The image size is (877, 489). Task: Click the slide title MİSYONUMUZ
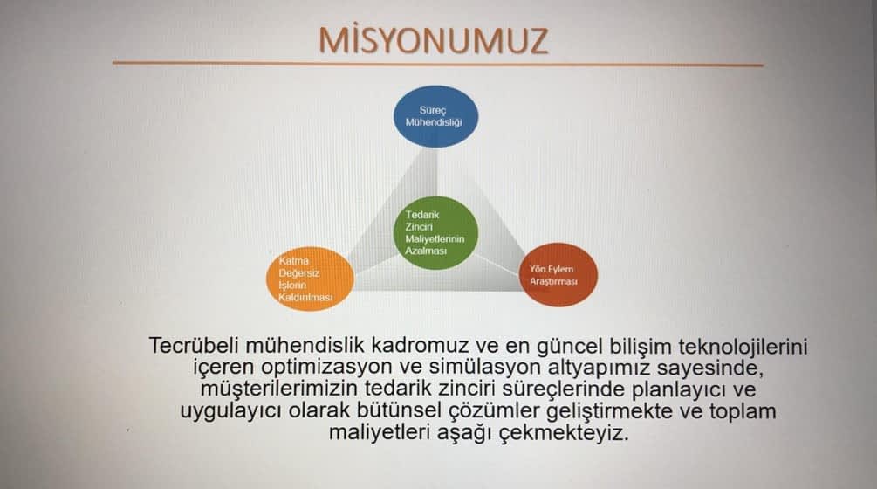434,41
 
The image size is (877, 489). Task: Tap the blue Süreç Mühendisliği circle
435,116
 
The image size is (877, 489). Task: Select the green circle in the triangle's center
435,233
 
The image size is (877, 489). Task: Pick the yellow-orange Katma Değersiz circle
310,279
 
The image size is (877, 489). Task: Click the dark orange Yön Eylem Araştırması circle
558,275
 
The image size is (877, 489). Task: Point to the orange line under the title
438,64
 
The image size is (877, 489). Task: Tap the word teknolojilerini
743,347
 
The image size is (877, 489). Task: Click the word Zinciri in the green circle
419,226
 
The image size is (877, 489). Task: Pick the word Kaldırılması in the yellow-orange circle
305,297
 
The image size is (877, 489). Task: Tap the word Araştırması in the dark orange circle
553,281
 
